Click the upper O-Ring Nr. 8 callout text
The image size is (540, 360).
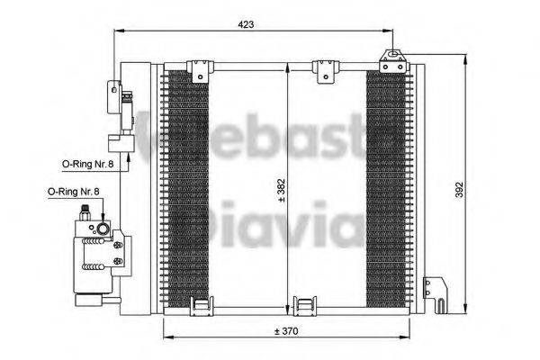[x=87, y=164]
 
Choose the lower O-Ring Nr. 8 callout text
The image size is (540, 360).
[x=73, y=192]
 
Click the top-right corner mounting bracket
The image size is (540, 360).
[x=391, y=61]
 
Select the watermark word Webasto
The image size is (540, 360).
[x=270, y=135]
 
